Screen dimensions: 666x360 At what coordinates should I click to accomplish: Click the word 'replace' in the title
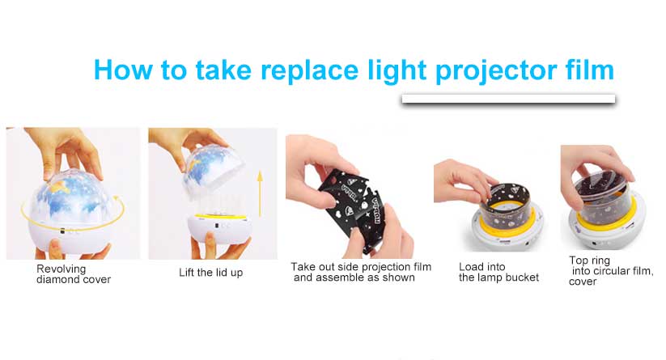[x=310, y=70]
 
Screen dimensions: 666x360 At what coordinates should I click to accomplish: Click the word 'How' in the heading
[x=123, y=70]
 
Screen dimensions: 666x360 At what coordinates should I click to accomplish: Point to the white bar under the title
[x=508, y=99]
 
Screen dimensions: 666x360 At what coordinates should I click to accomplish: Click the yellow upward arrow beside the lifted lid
[x=260, y=193]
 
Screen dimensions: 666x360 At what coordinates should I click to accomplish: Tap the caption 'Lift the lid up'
[x=210, y=273]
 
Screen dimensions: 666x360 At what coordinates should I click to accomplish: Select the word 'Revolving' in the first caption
[x=62, y=269]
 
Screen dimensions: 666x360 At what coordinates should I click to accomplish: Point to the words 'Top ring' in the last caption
[x=590, y=260]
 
